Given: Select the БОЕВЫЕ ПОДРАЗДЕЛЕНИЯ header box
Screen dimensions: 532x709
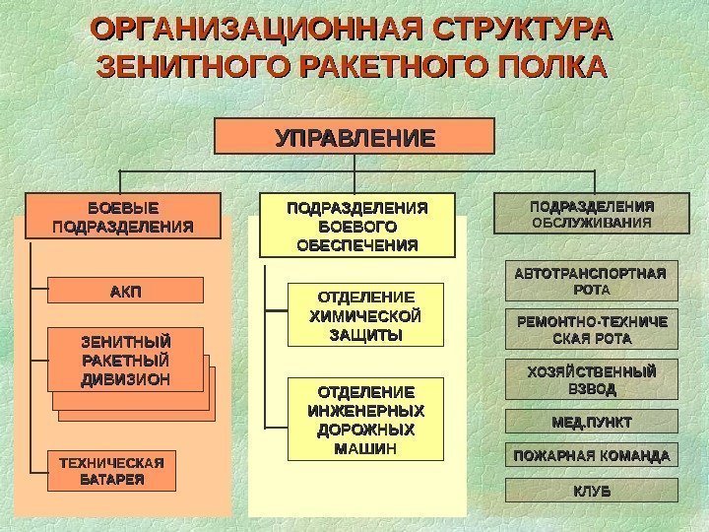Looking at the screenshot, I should point(121,217).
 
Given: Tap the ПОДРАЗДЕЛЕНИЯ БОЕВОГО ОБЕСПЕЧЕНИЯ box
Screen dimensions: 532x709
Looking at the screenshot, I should point(357,225).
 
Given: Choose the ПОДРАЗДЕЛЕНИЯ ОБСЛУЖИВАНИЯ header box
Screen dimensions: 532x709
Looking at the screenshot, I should point(592,215).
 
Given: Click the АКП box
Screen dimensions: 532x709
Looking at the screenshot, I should point(125,290).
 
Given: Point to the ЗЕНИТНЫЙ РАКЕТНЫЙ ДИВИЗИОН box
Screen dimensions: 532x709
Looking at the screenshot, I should point(125,359).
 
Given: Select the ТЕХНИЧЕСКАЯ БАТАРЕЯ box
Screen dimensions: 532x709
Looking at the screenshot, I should point(111,471).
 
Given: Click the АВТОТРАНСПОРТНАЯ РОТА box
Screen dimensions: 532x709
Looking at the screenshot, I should point(591,281).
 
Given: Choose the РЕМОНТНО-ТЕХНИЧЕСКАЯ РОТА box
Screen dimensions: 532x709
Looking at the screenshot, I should point(591,330).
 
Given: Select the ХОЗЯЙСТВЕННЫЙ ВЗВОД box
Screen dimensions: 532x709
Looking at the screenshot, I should point(591,379).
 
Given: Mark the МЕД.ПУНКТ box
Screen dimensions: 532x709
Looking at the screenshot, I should point(591,423).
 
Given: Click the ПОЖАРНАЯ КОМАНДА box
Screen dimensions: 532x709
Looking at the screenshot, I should point(591,456).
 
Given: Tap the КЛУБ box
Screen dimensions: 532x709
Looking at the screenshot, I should point(591,490).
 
